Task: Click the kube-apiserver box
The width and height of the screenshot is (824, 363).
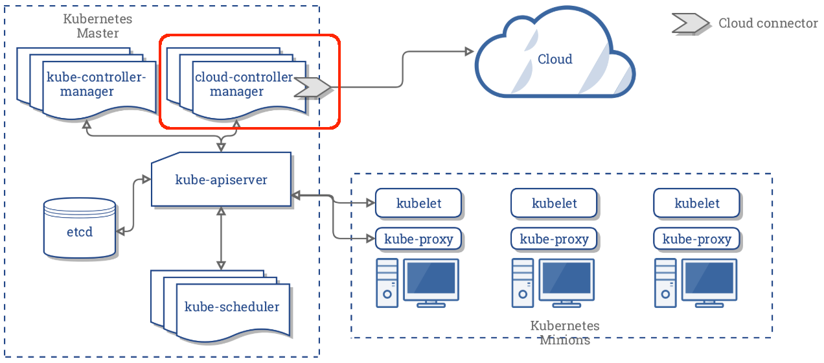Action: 221,180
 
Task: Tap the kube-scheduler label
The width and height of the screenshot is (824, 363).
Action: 232,307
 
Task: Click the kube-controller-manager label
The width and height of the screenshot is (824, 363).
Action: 97,84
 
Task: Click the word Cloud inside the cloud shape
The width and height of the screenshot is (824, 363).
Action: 555,59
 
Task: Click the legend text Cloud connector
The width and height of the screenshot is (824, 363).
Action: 768,23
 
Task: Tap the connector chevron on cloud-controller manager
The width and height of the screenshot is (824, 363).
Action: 313,86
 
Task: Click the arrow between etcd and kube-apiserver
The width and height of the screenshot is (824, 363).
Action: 133,204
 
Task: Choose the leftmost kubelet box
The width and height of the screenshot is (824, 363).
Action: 418,203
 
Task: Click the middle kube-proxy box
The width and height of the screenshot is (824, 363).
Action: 554,239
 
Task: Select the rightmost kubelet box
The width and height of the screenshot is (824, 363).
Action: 697,203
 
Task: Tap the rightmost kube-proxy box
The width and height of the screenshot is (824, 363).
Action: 697,239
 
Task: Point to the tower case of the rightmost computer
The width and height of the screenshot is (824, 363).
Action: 664,283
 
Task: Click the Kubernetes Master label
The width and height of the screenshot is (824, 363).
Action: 97,25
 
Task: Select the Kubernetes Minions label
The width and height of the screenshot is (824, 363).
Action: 564,332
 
